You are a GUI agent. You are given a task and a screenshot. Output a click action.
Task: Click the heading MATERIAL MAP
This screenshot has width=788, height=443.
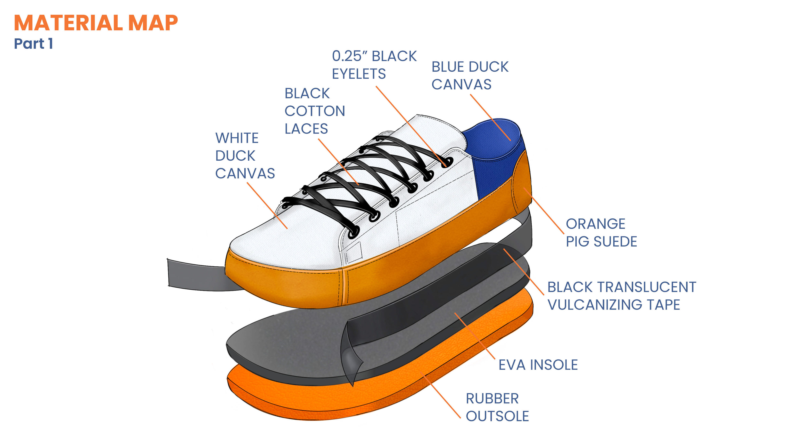click(96, 23)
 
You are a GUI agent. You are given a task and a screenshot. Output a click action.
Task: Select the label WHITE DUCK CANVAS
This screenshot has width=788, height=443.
click(245, 156)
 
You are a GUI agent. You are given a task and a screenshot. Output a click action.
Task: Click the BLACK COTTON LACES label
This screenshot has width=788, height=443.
click(314, 111)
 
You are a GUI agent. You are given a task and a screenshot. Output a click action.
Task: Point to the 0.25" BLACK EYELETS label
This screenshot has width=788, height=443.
click(374, 65)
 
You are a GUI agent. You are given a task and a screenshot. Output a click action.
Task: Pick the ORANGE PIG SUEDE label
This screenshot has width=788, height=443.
click(601, 233)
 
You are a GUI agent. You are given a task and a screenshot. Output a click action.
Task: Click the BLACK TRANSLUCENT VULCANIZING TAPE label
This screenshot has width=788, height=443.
click(621, 296)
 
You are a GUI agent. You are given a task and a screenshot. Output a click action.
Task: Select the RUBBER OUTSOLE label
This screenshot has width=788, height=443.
click(497, 408)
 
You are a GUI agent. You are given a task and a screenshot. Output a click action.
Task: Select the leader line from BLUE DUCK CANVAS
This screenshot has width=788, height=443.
click(490, 117)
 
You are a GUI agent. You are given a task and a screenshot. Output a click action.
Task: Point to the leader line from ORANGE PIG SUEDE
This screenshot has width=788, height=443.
click(544, 211)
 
